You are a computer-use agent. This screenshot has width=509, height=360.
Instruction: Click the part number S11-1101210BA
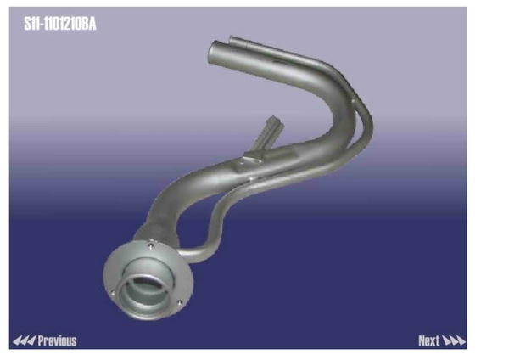coord(60,24)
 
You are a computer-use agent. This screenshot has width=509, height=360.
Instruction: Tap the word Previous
coord(57,340)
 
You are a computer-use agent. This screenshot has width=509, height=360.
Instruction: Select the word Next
coord(428,340)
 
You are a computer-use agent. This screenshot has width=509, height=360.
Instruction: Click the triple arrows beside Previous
coord(24,340)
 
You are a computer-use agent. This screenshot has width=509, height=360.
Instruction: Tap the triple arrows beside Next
coord(454,340)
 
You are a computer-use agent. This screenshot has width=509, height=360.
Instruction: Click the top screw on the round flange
coord(150,246)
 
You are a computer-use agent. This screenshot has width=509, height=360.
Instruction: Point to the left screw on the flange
coord(113,293)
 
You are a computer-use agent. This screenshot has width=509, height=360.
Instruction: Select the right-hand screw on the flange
coord(180,303)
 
